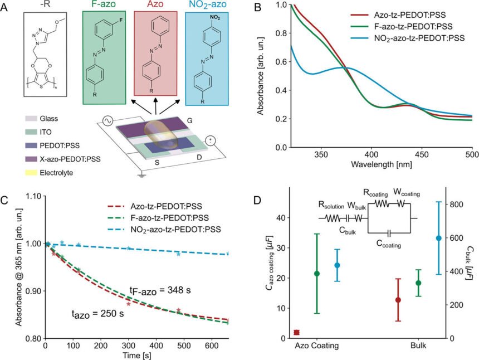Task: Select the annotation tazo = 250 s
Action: tap(97, 313)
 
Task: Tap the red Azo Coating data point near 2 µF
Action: tap(296, 332)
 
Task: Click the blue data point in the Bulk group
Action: tap(438, 238)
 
